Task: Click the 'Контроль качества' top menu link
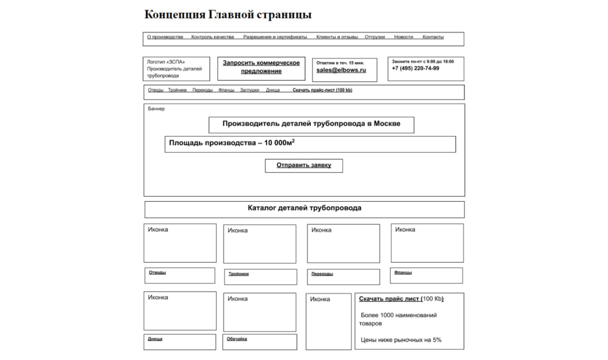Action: tap(212, 37)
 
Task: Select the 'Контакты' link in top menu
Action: tap(433, 37)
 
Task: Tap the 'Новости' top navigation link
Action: tap(403, 37)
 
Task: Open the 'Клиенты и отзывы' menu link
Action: tap(337, 37)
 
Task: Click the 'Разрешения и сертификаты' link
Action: tap(275, 37)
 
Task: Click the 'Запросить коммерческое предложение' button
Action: tap(261, 67)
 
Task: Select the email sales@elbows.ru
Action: tap(341, 70)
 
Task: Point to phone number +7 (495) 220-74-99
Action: tap(415, 69)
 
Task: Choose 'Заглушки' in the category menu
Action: tap(250, 90)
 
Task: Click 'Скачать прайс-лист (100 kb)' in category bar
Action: tap(322, 90)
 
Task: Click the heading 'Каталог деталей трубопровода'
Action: tap(304, 208)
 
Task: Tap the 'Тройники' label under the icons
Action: tap(239, 274)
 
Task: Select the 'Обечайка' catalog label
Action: tap(237, 339)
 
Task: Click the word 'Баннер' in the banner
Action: tap(157, 109)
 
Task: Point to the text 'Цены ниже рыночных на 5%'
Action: tap(401, 340)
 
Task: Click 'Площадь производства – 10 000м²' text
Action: tap(232, 143)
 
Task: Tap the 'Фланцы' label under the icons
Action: tap(403, 273)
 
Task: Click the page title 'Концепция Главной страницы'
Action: tap(228, 15)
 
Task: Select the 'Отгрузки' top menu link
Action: tap(375, 37)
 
